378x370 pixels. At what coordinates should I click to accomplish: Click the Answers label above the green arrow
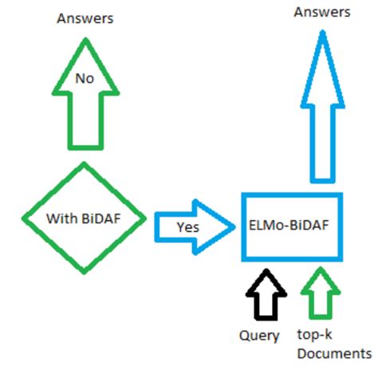click(85, 18)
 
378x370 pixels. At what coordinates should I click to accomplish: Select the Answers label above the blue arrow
click(322, 11)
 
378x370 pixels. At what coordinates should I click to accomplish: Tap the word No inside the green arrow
click(85, 78)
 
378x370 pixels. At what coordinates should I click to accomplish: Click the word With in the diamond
click(61, 217)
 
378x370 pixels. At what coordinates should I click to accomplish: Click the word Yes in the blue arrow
click(188, 226)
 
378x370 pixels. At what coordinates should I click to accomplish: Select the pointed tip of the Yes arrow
click(229, 225)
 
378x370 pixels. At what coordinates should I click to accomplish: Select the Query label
click(259, 336)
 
